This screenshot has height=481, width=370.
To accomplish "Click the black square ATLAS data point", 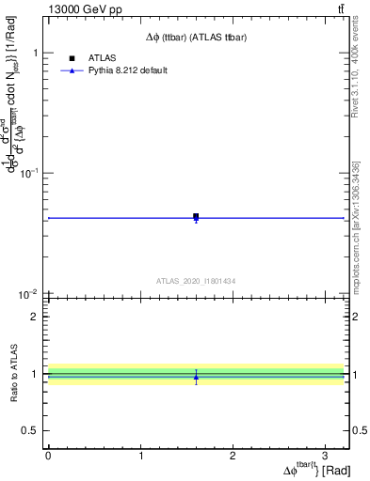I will pyautogui.click(x=196, y=216).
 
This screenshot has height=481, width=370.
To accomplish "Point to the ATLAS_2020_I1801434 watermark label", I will pyautogui.click(x=196, y=281).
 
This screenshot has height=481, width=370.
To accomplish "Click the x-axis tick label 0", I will pyautogui.click(x=48, y=454).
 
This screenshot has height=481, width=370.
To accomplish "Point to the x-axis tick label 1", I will pyautogui.click(x=140, y=454).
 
